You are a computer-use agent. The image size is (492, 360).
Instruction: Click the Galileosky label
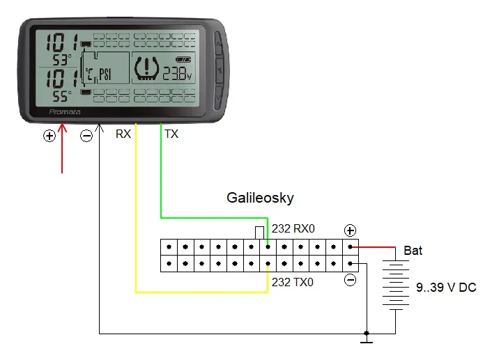coord(260,198)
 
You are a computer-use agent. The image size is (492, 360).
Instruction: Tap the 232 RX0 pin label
coord(293,228)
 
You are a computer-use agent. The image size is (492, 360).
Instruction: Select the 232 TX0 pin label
coord(293,282)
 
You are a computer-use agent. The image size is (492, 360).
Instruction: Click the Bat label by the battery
coord(413,251)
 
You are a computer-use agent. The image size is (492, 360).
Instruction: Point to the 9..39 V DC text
coord(446,288)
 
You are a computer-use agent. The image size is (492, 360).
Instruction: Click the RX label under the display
coord(123,134)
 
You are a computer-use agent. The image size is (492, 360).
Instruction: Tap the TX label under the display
coord(171,134)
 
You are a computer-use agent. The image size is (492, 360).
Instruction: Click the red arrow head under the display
coord(62,127)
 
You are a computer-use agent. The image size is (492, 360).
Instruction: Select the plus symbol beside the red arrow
coord(49,136)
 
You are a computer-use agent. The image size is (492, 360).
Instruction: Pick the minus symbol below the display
coord(86,136)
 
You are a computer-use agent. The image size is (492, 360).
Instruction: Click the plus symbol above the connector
coord(350,230)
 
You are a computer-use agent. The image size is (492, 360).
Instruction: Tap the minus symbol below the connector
coord(350,280)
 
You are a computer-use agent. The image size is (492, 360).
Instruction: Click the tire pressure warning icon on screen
coord(146,68)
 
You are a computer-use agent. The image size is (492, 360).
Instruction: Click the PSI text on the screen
coord(105,75)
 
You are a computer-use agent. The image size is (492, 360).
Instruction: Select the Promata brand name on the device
coord(65,111)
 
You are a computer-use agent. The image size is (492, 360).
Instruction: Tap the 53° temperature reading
coord(61,59)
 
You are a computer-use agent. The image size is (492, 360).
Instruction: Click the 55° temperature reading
coord(61,96)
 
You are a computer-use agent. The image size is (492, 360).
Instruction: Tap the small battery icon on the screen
coord(183,59)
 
